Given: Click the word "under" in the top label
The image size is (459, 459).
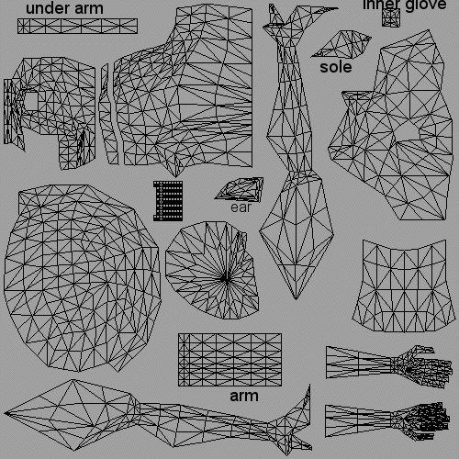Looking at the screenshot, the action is point(48,8).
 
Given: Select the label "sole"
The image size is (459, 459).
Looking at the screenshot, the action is point(336,67).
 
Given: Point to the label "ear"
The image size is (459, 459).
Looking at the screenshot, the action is point(241,207).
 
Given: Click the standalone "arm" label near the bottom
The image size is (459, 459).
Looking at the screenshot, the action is point(244,396).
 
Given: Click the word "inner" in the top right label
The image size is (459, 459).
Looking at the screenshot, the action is point(382,5).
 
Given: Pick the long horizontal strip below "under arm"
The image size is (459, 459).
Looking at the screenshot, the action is point(77,26).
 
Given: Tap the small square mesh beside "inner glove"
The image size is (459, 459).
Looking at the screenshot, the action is point(391,17).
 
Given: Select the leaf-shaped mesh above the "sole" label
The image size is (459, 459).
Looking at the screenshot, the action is point(341,44).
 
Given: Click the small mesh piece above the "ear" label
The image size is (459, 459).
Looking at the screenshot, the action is point(240,189).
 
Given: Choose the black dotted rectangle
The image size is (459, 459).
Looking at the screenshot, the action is point(168,201).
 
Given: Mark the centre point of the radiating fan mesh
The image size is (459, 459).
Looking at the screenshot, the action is point(225,278).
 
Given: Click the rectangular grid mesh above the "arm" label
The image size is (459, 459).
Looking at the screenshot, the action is point(229,360).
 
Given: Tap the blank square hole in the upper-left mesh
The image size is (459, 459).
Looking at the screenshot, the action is point(31,102).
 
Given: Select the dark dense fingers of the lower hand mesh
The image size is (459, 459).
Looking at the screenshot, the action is point(433,417).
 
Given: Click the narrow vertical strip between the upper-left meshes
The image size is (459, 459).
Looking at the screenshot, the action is point(107,115).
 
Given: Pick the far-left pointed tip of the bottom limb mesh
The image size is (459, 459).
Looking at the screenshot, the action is point(5,413).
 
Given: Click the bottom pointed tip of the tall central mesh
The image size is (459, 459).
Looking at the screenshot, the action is point(296,299).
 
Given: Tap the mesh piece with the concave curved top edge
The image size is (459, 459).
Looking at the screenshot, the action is point(404,286).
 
